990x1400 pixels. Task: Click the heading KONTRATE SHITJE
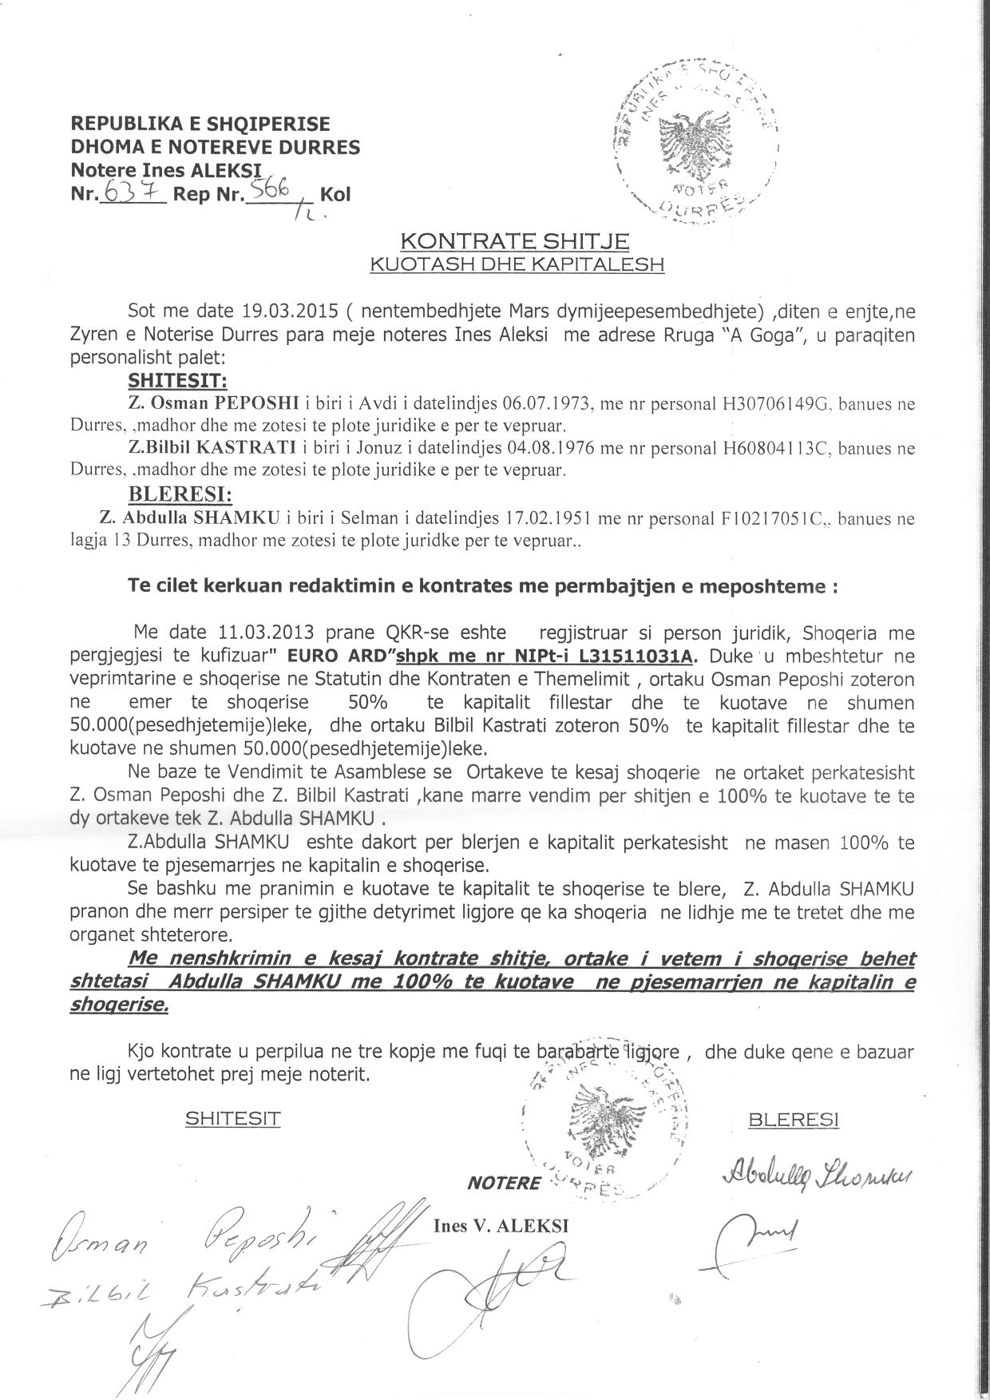tap(514, 240)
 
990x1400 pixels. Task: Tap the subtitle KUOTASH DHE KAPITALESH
tap(516, 264)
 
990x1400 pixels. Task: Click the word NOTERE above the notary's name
tap(503, 1184)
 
